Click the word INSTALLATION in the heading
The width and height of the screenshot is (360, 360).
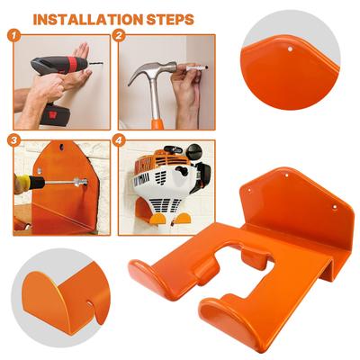click(x=88, y=20)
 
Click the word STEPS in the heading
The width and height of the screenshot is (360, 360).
click(x=170, y=20)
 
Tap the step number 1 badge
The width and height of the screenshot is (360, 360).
click(x=13, y=36)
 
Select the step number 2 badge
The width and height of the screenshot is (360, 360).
click(x=119, y=36)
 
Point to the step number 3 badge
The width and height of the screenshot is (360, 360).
click(x=13, y=140)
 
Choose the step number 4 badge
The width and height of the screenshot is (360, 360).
click(x=119, y=140)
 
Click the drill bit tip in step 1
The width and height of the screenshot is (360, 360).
click(x=102, y=63)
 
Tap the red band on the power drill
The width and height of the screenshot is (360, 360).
click(x=72, y=64)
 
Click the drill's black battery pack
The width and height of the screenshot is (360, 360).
click(x=55, y=113)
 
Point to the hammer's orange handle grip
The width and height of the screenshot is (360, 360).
click(x=157, y=123)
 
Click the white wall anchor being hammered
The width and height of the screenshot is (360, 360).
click(x=196, y=68)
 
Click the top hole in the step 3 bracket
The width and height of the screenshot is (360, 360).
click(x=61, y=147)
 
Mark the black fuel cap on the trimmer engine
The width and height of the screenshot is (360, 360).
click(x=193, y=151)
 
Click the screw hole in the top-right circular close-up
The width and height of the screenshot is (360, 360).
click(x=290, y=49)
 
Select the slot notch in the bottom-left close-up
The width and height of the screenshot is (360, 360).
click(x=92, y=303)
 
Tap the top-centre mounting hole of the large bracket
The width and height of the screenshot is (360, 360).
click(x=286, y=175)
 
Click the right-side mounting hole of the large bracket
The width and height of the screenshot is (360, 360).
click(x=335, y=206)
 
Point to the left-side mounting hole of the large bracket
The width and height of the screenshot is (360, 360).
click(x=249, y=190)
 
